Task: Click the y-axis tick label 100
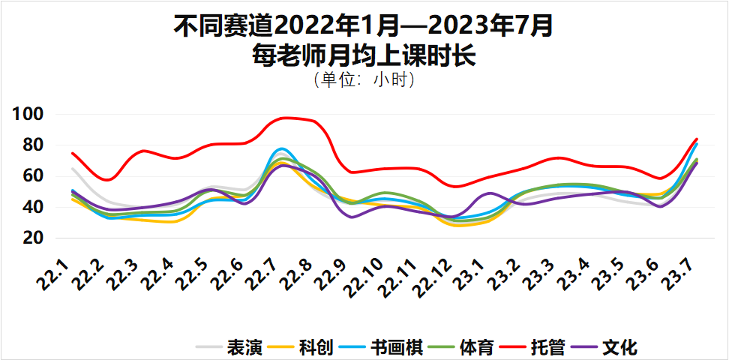click(x=30, y=115)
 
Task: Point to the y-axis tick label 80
click(x=34, y=145)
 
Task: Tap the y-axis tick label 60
click(x=34, y=176)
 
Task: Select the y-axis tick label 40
click(x=34, y=207)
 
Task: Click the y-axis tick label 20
click(x=34, y=238)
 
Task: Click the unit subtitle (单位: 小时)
click(x=364, y=79)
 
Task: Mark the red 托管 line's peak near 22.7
click(x=285, y=118)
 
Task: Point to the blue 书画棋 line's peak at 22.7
click(x=282, y=148)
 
